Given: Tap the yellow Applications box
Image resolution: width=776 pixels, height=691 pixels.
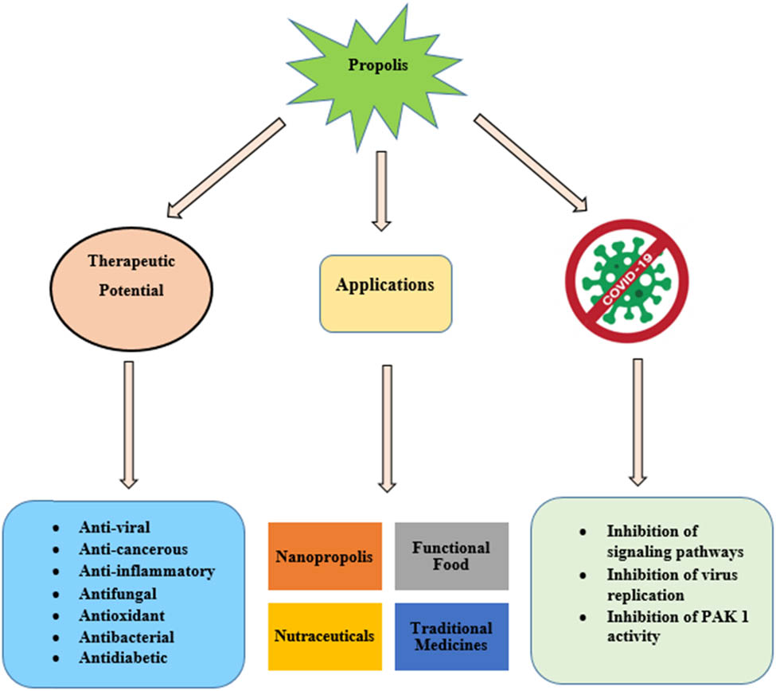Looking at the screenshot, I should coord(385,293).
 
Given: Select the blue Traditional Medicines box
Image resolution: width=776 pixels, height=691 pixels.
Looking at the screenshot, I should coord(450,635).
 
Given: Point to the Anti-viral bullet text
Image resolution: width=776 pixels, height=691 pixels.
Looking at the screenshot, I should coord(115,527).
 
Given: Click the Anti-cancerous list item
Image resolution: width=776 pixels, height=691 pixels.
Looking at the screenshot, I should coord(132,549).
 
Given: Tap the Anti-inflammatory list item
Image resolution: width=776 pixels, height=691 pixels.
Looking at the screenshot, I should coord(146,571).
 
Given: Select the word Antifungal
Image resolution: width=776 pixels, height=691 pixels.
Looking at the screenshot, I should coord(118,593).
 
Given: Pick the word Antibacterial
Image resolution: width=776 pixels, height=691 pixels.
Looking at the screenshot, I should coord(126,637).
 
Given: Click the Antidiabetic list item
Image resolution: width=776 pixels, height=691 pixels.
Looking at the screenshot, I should coord(123,658).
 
